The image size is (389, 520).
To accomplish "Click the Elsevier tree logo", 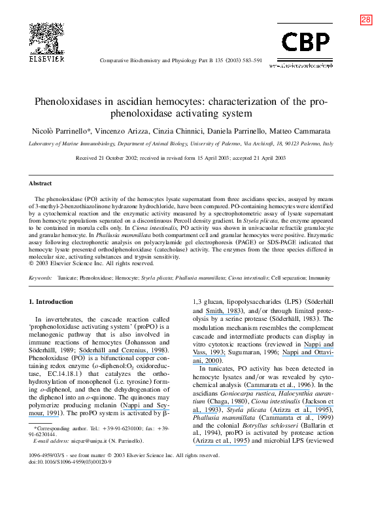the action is pyautogui.click(x=47, y=38).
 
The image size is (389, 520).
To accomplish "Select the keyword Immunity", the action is pyautogui.click(x=320, y=278).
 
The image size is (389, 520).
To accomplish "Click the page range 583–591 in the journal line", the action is pyautogui.click(x=249, y=60).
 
